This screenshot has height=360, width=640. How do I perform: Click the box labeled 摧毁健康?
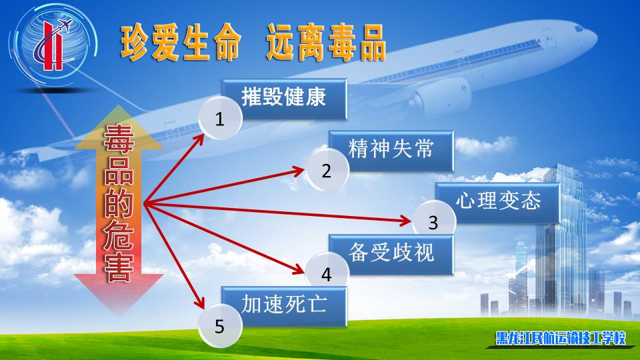[x=285, y=99]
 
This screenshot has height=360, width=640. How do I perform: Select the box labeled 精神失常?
[x=391, y=151]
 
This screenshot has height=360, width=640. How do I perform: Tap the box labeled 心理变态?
[x=498, y=203]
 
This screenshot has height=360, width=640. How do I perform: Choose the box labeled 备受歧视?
[x=391, y=254]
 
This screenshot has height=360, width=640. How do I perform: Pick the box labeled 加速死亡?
[x=285, y=306]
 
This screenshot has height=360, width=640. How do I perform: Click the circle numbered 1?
[x=221, y=119]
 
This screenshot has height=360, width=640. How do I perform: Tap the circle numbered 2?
[x=327, y=170]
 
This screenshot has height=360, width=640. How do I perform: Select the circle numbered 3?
[x=434, y=221]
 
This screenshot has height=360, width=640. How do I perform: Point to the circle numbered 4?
[x=327, y=273]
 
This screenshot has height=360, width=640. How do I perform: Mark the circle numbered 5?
[x=221, y=326]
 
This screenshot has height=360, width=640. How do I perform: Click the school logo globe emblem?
[x=53, y=44]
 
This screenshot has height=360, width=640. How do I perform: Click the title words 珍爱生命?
[x=181, y=43]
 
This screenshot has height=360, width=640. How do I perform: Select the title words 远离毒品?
[x=327, y=43]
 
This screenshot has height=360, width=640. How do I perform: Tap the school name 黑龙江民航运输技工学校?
[x=561, y=338]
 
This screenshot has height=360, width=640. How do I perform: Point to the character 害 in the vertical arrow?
[x=119, y=267]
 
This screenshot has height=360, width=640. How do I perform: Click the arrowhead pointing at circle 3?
[x=406, y=221]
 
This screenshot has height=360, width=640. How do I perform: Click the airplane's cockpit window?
[x=579, y=28]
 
